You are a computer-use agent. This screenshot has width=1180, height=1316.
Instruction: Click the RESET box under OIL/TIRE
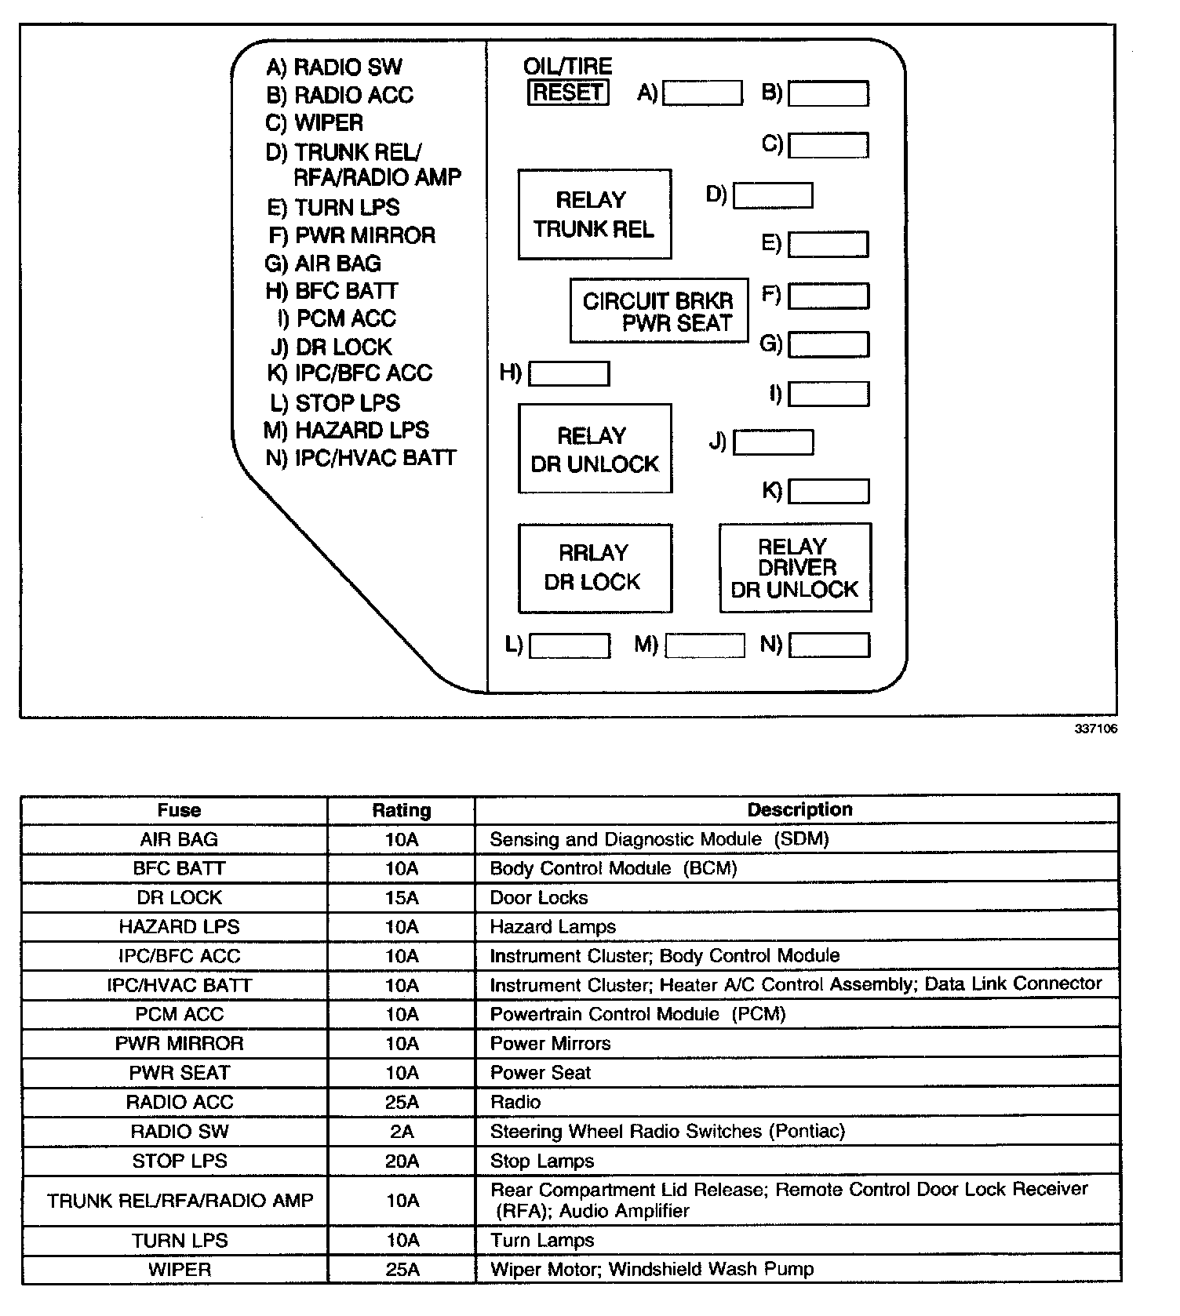click(x=568, y=93)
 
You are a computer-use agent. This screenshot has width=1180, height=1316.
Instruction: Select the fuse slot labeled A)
click(x=702, y=93)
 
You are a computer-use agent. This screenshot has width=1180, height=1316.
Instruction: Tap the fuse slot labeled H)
click(x=569, y=373)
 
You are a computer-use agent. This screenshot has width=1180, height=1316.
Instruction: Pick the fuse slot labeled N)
click(x=829, y=645)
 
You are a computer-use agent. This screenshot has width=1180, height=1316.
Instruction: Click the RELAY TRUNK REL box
click(x=595, y=214)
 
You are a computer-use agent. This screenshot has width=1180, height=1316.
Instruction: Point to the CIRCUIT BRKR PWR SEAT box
click(x=659, y=311)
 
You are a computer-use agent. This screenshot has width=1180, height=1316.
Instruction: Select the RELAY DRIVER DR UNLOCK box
click(x=795, y=568)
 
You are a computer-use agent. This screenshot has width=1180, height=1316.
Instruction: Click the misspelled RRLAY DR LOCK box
click(x=595, y=568)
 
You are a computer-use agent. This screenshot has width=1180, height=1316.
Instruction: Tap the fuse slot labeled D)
click(x=773, y=195)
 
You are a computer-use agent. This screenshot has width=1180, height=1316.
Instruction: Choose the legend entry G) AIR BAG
click(x=323, y=264)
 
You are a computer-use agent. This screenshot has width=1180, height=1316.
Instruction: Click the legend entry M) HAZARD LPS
click(x=347, y=431)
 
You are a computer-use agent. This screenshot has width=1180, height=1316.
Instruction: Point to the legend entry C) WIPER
click(x=315, y=123)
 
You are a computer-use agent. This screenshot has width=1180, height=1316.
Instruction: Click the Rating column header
click(x=401, y=810)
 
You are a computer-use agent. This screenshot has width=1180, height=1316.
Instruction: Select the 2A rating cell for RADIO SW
click(x=401, y=1132)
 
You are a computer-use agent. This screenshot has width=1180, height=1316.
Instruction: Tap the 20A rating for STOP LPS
click(x=401, y=1161)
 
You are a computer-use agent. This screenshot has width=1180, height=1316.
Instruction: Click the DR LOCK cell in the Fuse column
click(x=179, y=897)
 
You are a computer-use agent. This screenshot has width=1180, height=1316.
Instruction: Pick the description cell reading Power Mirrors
click(x=550, y=1043)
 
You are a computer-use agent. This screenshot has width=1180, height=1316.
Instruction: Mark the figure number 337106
click(x=1095, y=729)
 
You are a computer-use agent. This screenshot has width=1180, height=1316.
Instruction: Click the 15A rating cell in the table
click(x=401, y=897)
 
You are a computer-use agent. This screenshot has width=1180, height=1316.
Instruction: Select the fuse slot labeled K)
click(x=829, y=491)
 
